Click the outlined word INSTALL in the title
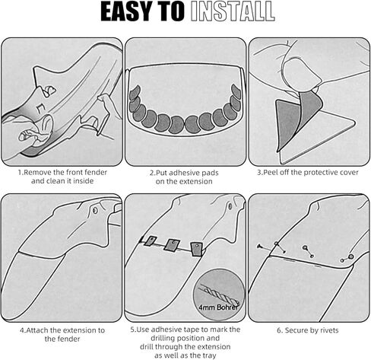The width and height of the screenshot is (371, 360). (x=233, y=11)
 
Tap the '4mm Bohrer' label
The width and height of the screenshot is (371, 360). (x=218, y=307)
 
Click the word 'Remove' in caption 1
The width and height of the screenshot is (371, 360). (x=35, y=172)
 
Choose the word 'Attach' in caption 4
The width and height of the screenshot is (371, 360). (x=37, y=330)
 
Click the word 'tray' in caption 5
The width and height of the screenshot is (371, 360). (x=209, y=355)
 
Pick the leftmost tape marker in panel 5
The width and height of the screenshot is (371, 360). (x=150, y=241)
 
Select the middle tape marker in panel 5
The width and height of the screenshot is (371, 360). (x=172, y=245)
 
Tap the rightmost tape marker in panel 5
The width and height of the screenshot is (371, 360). (x=197, y=249)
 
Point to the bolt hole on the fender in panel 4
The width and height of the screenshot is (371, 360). (x=95, y=210)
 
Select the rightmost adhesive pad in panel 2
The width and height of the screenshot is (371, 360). (x=236, y=91)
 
